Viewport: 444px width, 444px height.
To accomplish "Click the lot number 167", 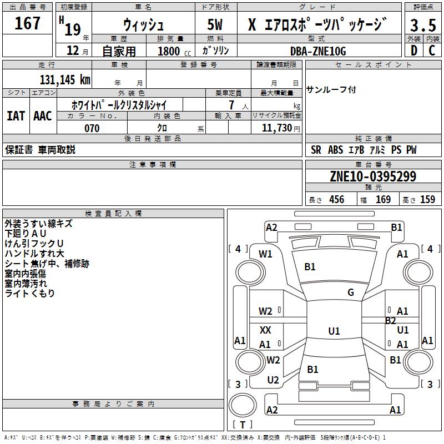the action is pos(27,23).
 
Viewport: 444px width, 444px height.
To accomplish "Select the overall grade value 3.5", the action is pos(423,25).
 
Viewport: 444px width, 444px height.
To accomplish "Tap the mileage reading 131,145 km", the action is pos(65,79).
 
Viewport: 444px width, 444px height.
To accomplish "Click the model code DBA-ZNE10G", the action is pos(318,51).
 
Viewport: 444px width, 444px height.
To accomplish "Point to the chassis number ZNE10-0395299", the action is pos(373,176).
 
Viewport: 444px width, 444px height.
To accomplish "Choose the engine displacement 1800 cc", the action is pos(174,51).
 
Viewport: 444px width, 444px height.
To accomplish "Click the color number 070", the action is pos(92,128).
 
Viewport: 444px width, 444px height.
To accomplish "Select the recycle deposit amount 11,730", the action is pos(277,128).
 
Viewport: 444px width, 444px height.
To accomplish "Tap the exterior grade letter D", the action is pos(414,51).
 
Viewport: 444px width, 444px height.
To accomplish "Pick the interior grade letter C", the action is pos(432,51).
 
